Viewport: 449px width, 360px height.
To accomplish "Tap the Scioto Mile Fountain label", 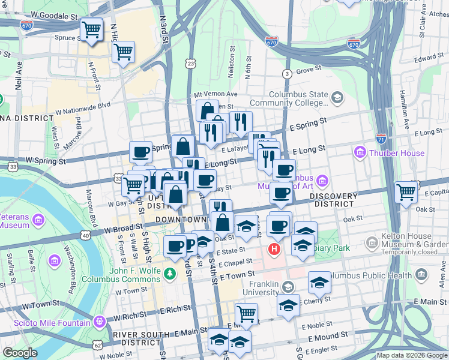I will pos(142,321).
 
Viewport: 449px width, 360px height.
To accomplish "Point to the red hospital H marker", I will pos(275,248).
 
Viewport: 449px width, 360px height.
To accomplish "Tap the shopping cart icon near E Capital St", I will pos(406,192).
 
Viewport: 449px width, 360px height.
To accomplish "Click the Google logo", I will pos(20,353).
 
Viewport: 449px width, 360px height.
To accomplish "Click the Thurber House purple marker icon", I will pos(360,152).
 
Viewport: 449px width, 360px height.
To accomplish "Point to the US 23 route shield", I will pos(191,63).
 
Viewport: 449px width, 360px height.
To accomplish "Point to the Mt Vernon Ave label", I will pos(215,95).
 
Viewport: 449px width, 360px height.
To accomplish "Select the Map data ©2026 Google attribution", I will pos(412,355).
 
